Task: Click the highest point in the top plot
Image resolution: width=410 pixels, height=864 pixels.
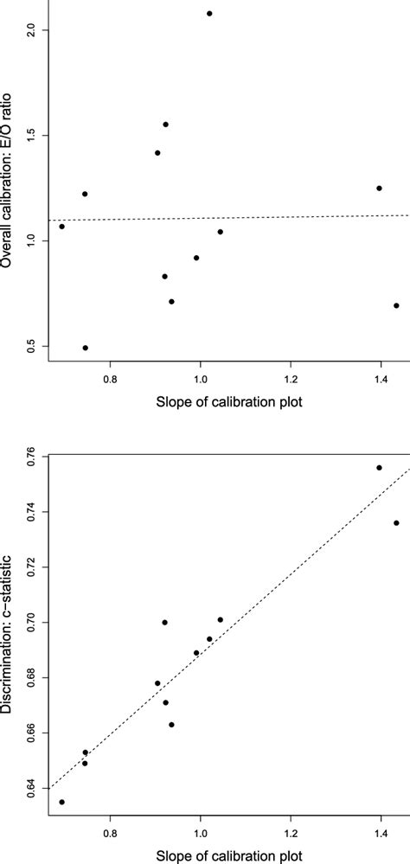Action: pyautogui.click(x=209, y=14)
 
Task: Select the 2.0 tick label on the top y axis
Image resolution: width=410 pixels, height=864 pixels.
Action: pyautogui.click(x=31, y=30)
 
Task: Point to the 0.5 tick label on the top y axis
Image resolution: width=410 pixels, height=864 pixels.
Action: pyautogui.click(x=31, y=346)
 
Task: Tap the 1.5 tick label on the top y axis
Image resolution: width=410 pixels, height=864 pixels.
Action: pyautogui.click(x=31, y=136)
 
